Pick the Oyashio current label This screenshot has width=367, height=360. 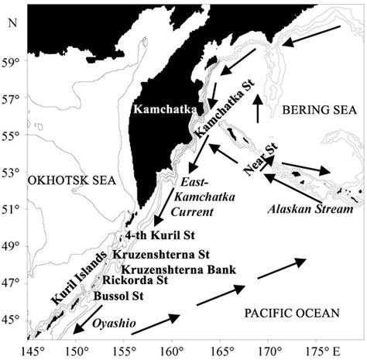(x=114, y=324)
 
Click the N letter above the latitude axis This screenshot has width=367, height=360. (x=9, y=19)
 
